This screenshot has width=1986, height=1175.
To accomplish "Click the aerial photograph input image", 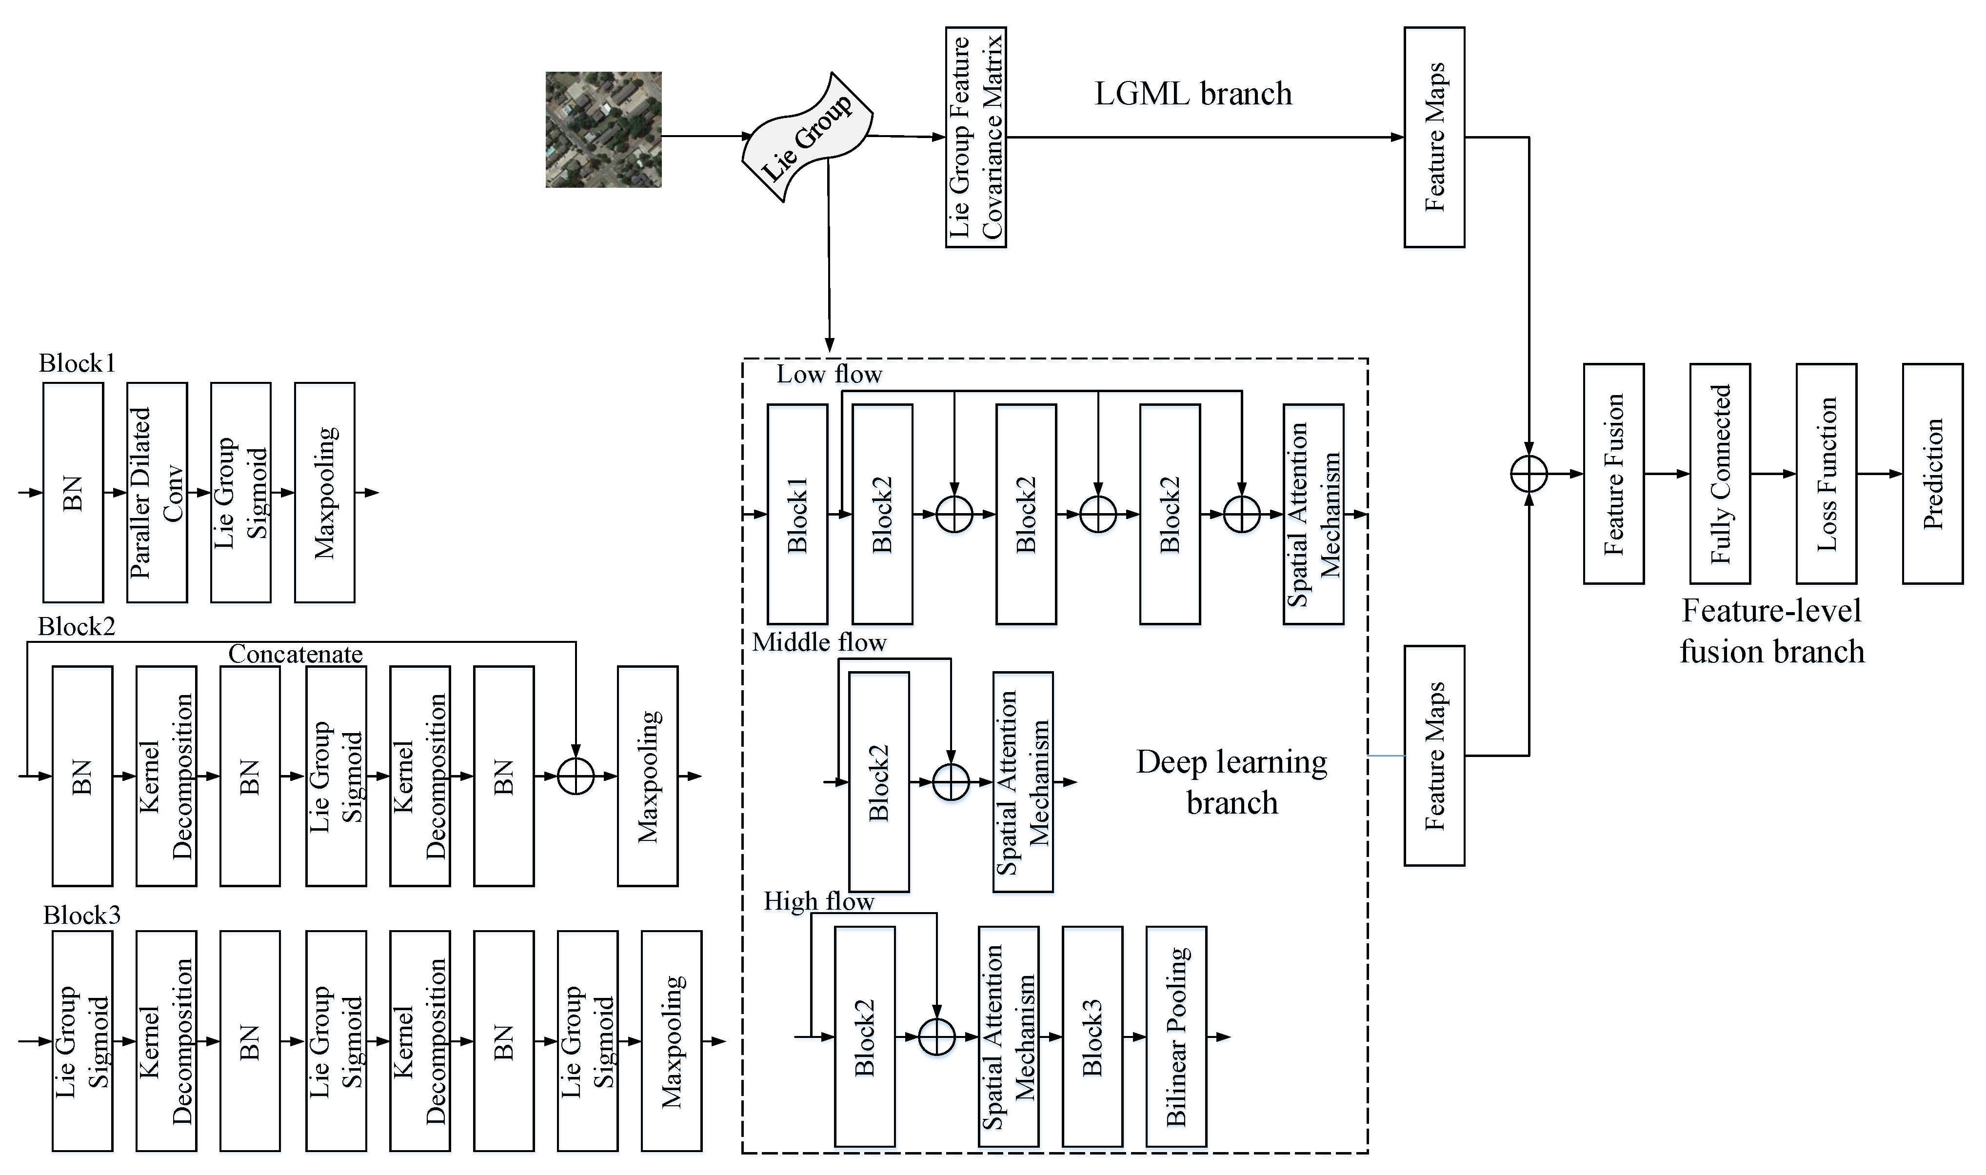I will tap(603, 130).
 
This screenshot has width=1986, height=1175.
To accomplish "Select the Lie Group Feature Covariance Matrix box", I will tap(975, 137).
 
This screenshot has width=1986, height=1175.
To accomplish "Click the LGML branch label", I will tap(1193, 94).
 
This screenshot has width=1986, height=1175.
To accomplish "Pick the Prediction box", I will tap(1932, 474).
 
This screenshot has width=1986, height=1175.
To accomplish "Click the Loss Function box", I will tap(1826, 474).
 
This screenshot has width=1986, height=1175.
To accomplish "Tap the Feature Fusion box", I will tap(1613, 474).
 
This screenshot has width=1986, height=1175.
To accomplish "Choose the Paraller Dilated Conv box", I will tap(157, 493).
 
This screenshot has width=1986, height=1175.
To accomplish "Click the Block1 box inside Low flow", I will tap(797, 514).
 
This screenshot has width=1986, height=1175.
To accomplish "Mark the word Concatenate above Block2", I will tap(295, 654).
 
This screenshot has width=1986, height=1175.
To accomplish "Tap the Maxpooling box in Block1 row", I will tap(324, 493).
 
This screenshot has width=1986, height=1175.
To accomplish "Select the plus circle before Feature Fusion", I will tap(1529, 474).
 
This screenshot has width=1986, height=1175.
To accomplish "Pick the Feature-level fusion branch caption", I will tap(1771, 631).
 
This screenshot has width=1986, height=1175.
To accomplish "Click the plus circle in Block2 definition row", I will tap(576, 776).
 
